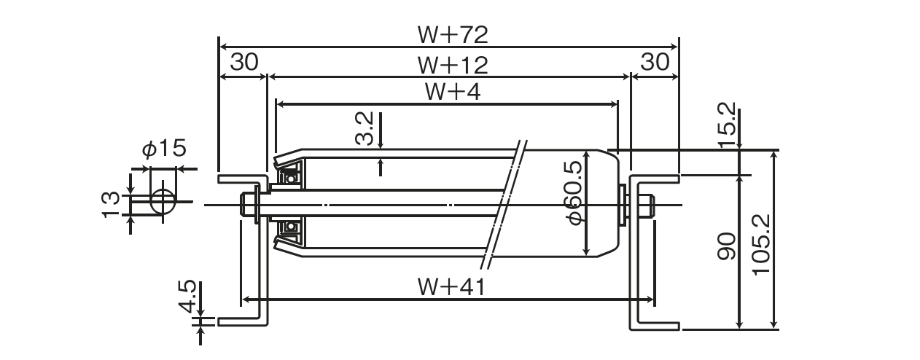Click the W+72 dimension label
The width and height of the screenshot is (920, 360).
453,34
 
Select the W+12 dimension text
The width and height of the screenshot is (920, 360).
453,66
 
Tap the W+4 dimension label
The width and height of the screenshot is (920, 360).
453,92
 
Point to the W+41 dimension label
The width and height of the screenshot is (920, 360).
451,286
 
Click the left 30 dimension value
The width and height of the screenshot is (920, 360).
244,62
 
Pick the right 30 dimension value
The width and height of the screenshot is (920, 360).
655,62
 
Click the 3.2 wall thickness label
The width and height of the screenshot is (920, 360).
365,128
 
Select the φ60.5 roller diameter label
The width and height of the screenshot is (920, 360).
574,193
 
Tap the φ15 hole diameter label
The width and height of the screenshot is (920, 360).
164,148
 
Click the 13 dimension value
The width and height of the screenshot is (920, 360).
111,204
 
